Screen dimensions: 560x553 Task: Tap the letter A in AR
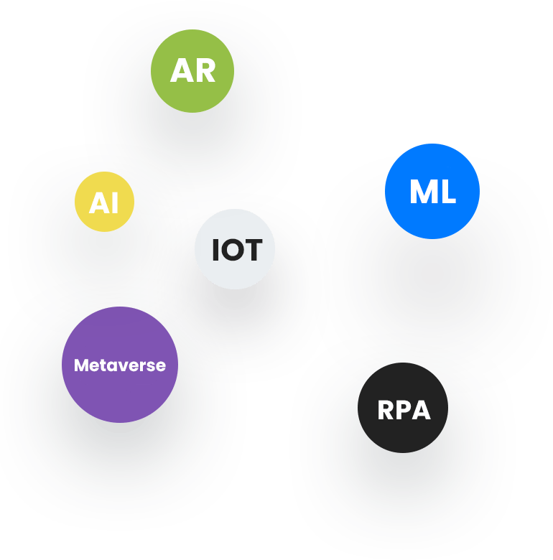(182, 71)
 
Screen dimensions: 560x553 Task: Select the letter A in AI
(100, 204)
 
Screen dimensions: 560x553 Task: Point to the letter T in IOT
(254, 251)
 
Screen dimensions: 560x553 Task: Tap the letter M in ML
(422, 192)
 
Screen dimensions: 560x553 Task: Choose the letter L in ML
(447, 192)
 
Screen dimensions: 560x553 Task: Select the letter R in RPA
(386, 411)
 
